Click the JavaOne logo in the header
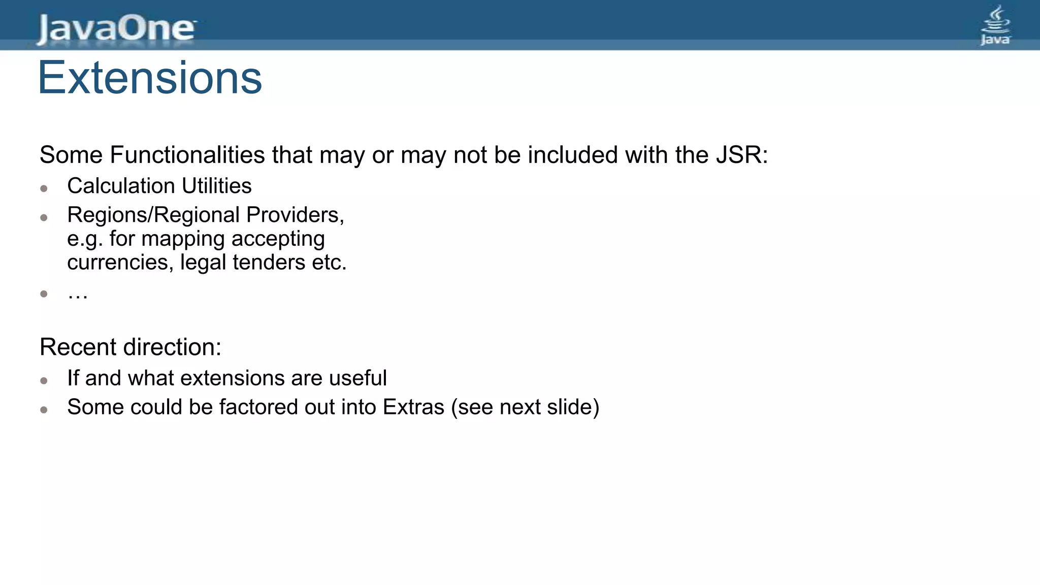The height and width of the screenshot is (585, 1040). click(116, 28)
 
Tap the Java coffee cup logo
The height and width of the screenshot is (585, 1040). click(995, 25)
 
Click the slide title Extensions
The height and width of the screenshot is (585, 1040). click(150, 78)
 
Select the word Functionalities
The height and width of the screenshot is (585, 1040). click(187, 155)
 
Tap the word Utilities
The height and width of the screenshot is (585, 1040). click(217, 186)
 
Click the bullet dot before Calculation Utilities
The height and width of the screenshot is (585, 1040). click(44, 189)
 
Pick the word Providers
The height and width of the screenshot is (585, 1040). click(295, 215)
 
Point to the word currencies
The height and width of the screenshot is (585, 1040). click(120, 263)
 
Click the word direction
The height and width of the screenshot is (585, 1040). click(172, 347)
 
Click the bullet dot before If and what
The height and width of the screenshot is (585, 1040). click(44, 381)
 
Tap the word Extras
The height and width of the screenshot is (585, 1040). click(413, 407)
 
